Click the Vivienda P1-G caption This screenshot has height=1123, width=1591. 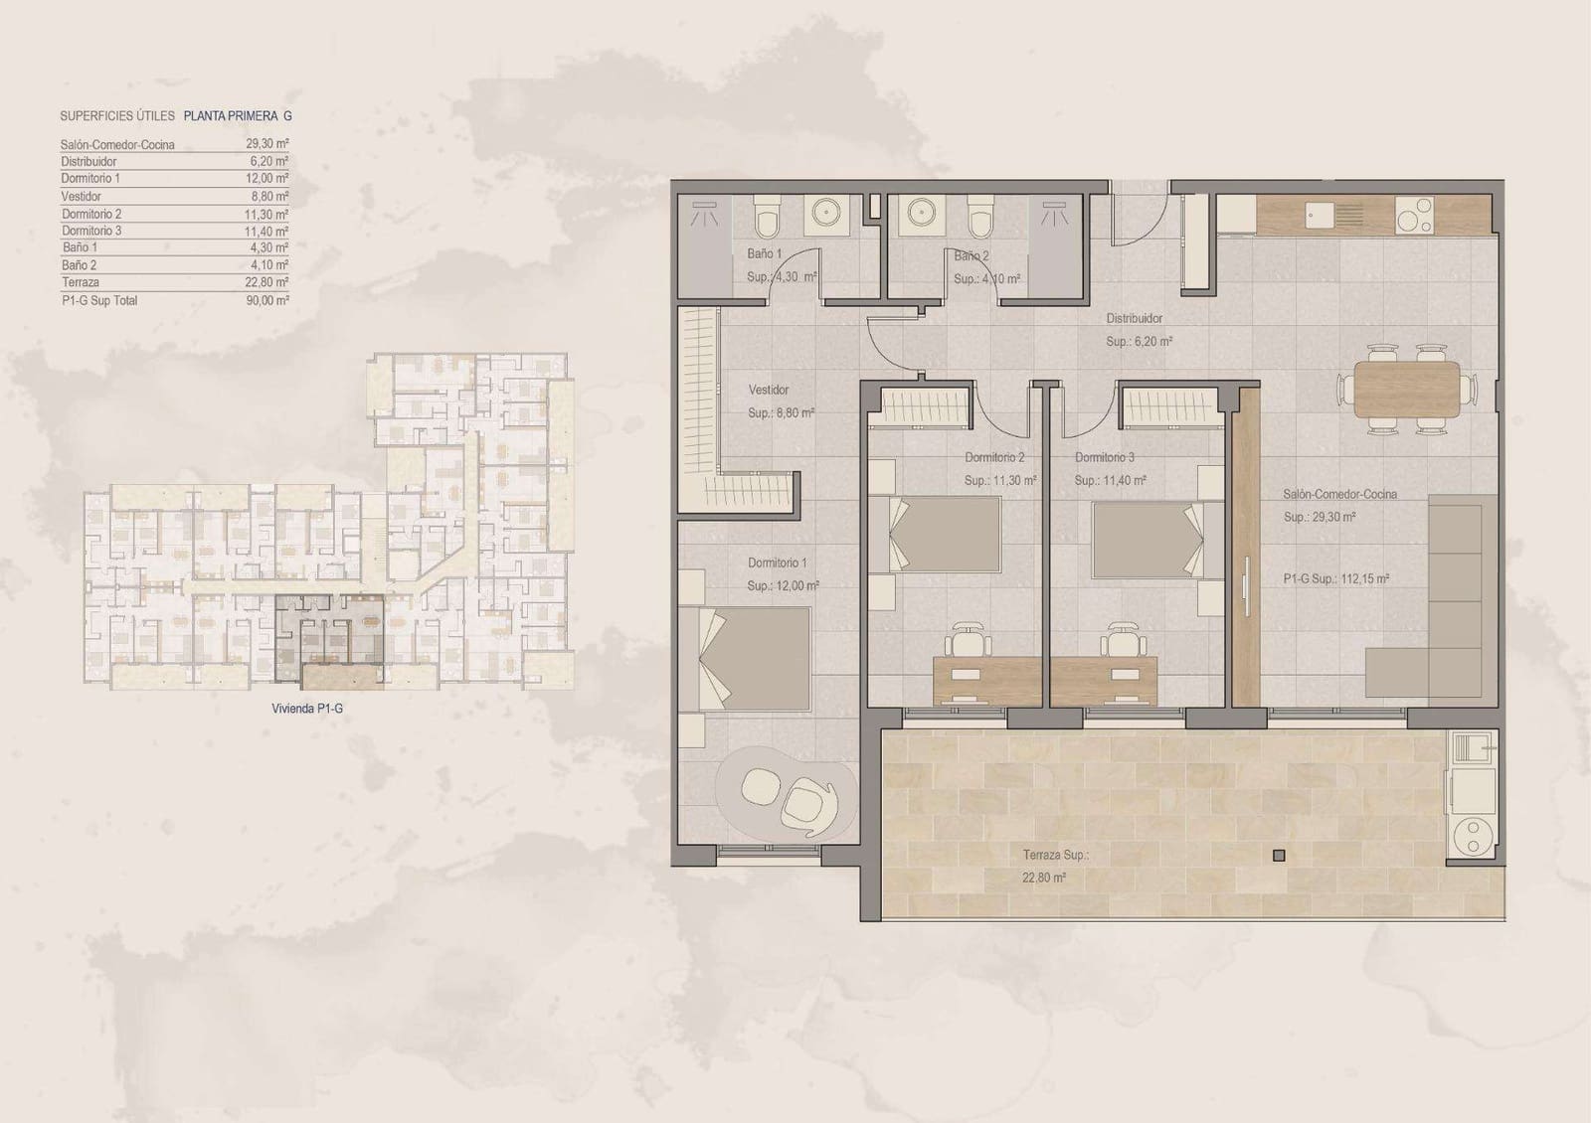(306, 709)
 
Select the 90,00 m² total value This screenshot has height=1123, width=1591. (267, 300)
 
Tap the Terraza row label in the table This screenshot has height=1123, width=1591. (80, 282)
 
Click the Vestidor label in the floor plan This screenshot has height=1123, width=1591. (769, 391)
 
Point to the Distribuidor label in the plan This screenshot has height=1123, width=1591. (1135, 319)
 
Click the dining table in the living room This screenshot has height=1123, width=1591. (1406, 389)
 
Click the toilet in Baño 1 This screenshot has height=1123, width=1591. (768, 217)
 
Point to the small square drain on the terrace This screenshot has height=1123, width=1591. (1279, 856)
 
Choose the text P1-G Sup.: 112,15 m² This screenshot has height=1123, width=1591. (1335, 578)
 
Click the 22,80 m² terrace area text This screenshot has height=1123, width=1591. (1044, 879)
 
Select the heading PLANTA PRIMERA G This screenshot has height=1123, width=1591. (238, 116)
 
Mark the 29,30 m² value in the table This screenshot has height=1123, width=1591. (267, 144)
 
